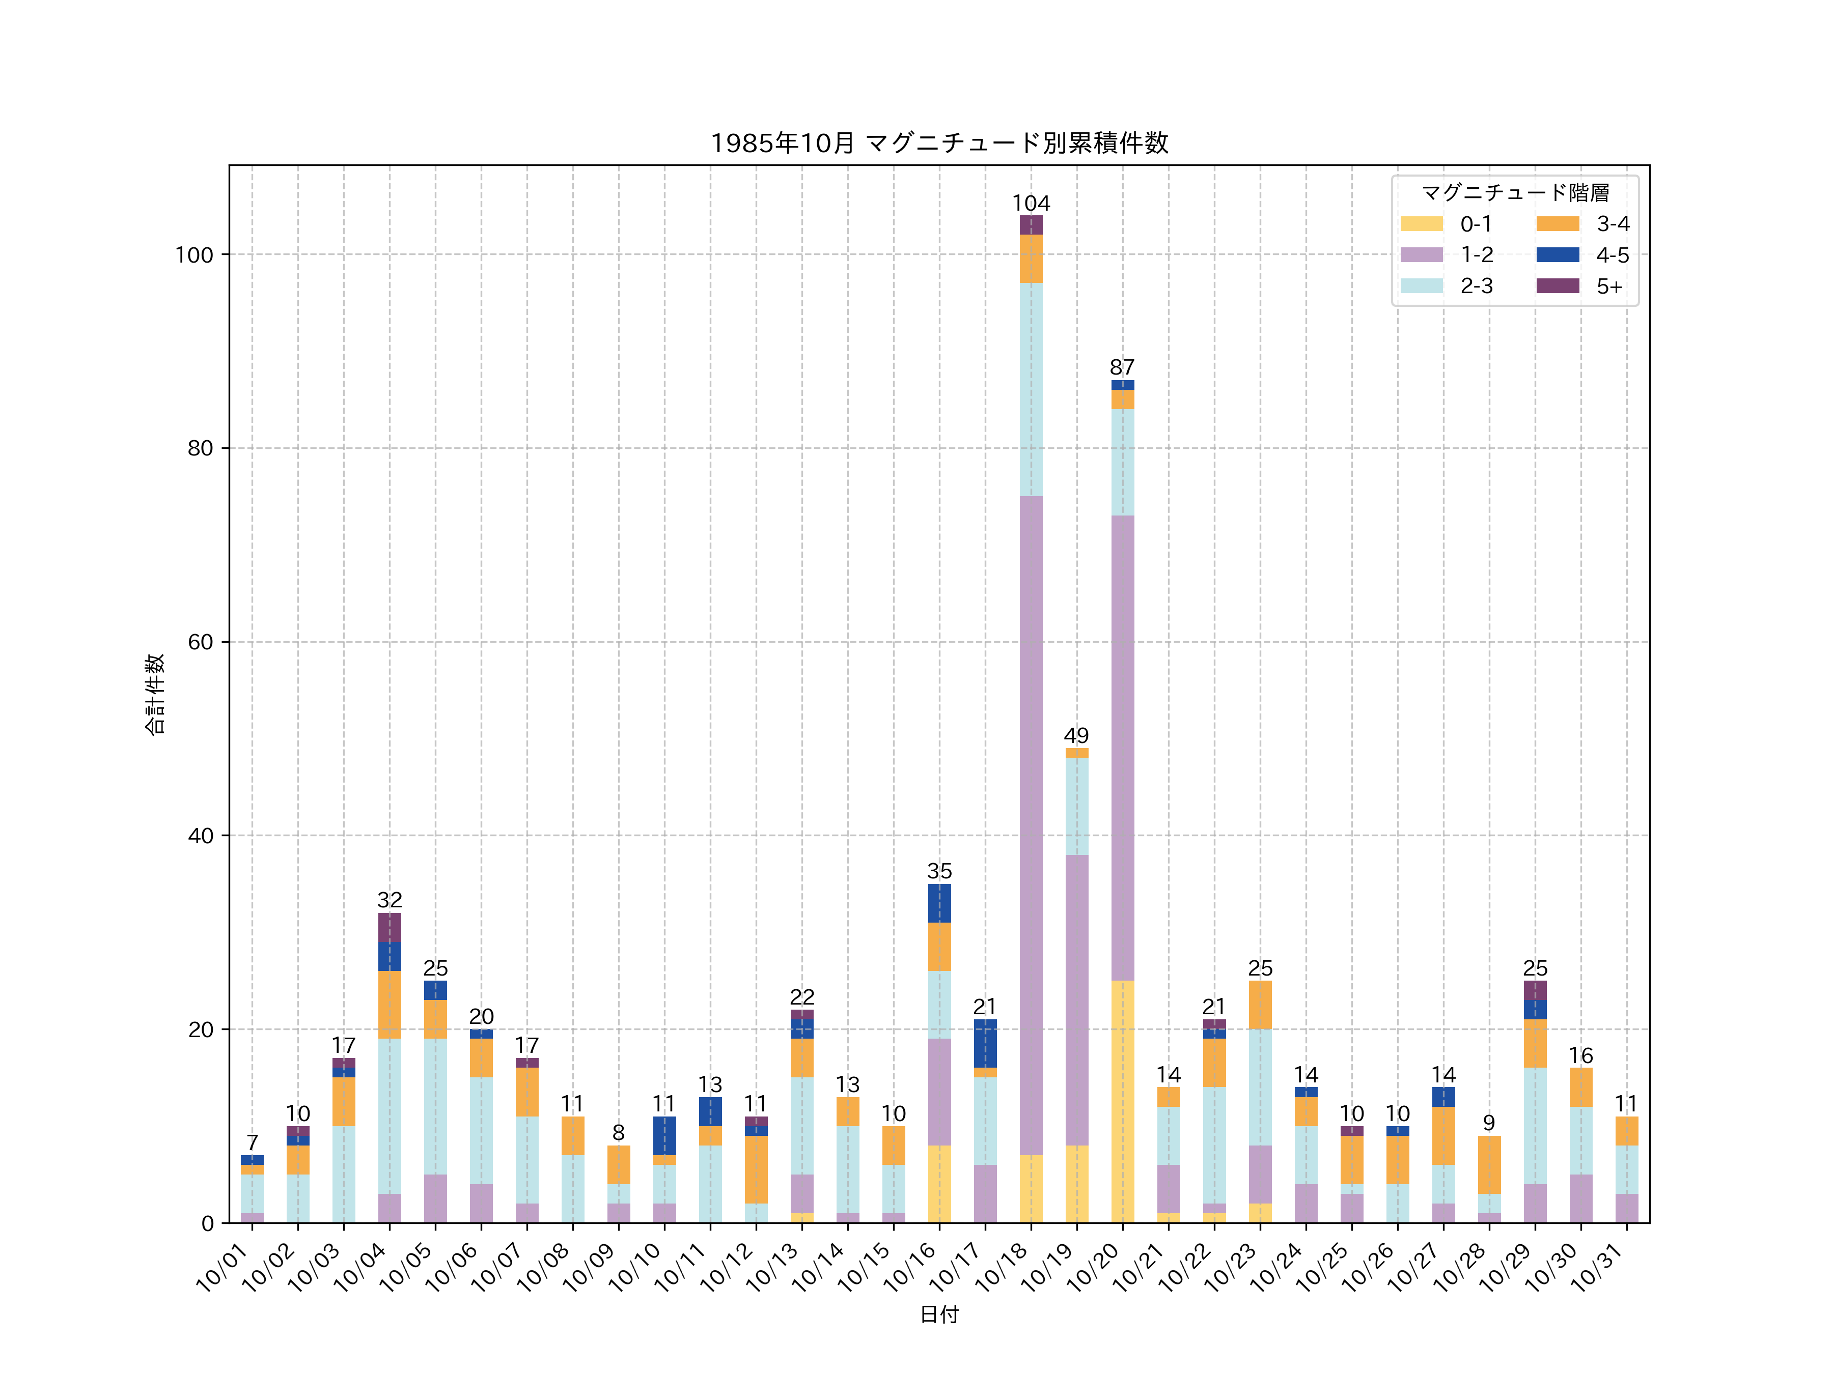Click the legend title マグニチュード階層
tap(1515, 193)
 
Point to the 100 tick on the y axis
tap(194, 255)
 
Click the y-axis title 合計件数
tap(155, 694)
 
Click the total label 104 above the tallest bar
tap(1031, 204)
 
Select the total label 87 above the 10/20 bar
tap(1122, 367)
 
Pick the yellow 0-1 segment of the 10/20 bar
tap(1122, 1102)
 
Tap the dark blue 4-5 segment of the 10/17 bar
tap(985, 1044)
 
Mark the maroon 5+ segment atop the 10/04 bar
tap(390, 928)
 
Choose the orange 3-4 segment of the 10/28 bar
tap(1489, 1164)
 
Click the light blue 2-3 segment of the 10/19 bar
tap(1076, 806)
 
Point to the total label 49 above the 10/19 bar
tap(1076, 735)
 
